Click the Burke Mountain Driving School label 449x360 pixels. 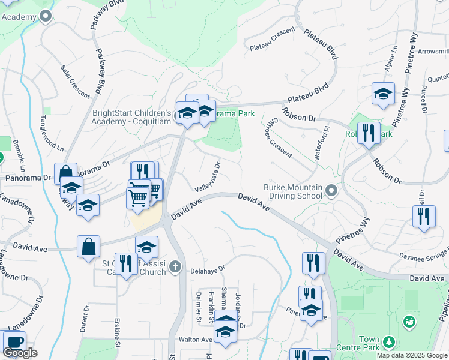coord(293,191)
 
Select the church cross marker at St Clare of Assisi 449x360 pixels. coord(175,266)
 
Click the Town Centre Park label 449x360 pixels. coord(378,343)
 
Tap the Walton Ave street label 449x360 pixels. coord(192,340)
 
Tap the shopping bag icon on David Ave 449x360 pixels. coord(88,246)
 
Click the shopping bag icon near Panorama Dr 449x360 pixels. coord(65,173)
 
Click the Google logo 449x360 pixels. coord(20,353)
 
